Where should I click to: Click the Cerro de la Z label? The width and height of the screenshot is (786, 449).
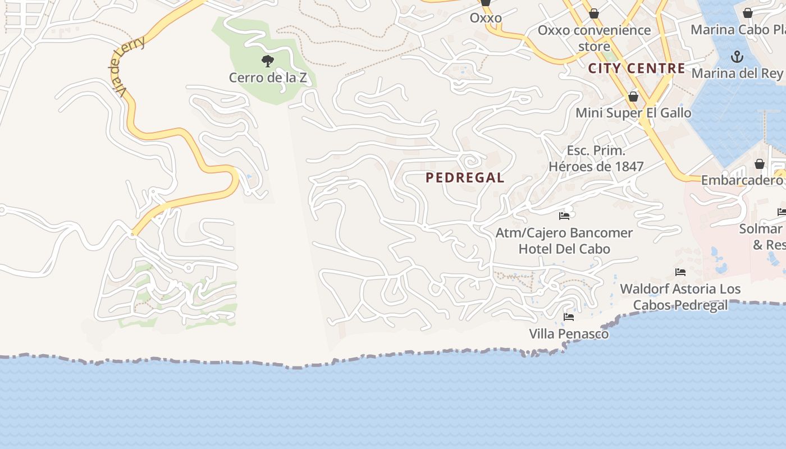click(268, 77)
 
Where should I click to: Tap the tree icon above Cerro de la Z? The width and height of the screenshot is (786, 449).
click(268, 61)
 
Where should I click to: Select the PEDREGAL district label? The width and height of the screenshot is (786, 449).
click(465, 178)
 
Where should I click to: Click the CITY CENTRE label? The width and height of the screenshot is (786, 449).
click(637, 68)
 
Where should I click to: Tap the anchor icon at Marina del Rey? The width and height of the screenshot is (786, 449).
click(737, 57)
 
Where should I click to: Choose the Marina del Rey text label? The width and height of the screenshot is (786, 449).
click(737, 73)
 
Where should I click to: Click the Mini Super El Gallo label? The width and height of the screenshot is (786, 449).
click(633, 113)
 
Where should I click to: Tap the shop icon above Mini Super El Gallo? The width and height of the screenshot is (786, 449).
click(633, 97)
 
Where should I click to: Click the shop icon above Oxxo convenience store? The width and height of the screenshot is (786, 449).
click(594, 13)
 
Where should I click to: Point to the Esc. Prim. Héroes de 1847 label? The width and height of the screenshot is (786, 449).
click(596, 158)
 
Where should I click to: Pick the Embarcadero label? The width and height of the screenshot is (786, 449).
click(741, 180)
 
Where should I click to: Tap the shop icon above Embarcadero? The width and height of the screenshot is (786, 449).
click(759, 164)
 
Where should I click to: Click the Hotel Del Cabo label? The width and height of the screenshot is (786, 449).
click(564, 249)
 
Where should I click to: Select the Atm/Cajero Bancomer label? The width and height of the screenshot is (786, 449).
click(564, 232)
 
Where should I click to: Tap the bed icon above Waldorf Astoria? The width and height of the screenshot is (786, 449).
click(680, 272)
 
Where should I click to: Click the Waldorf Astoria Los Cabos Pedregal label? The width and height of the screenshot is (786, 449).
click(680, 297)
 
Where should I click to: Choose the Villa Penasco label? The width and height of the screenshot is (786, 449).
click(569, 334)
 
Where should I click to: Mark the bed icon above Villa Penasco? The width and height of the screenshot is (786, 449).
click(569, 317)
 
